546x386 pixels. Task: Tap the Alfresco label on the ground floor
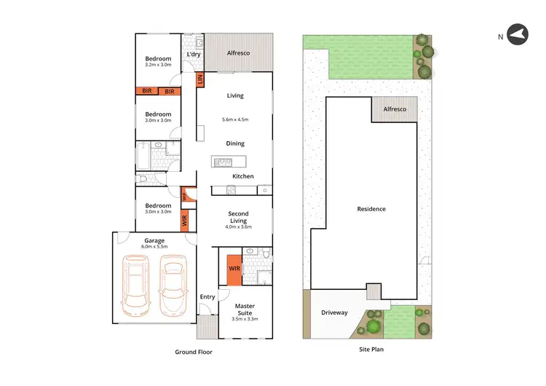238,53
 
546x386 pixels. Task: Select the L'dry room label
194,55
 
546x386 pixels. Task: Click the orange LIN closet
201,81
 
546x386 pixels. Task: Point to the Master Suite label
245,309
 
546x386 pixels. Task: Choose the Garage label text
154,240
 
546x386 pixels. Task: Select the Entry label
207,296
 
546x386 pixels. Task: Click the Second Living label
238,217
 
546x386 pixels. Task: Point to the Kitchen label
243,176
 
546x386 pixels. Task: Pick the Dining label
235,143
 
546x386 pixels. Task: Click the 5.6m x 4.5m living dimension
235,119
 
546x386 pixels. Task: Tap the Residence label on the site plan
371,209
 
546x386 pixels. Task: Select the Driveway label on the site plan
334,312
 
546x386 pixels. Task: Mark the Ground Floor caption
194,352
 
